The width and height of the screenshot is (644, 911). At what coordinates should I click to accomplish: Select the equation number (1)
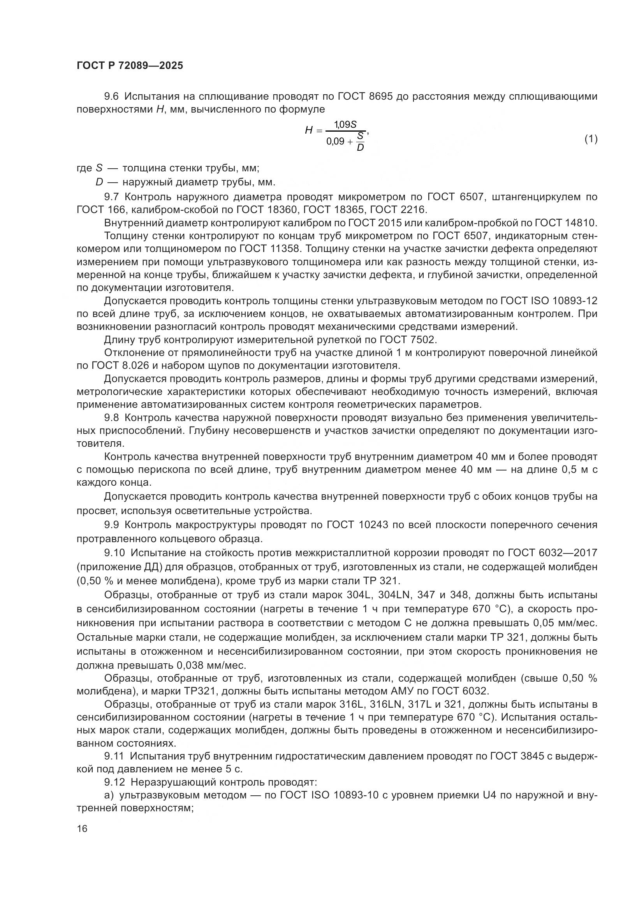pyautogui.click(x=591, y=139)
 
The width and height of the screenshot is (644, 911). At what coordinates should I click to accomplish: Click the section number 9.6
pyautogui.click(x=111, y=97)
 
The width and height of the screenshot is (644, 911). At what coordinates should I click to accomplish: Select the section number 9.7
pyautogui.click(x=111, y=197)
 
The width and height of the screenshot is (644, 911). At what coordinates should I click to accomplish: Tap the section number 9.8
pyautogui.click(x=111, y=418)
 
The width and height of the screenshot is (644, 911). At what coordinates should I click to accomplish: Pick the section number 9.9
pyautogui.click(x=111, y=525)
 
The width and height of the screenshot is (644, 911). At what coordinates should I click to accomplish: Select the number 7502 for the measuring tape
pyautogui.click(x=424, y=340)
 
